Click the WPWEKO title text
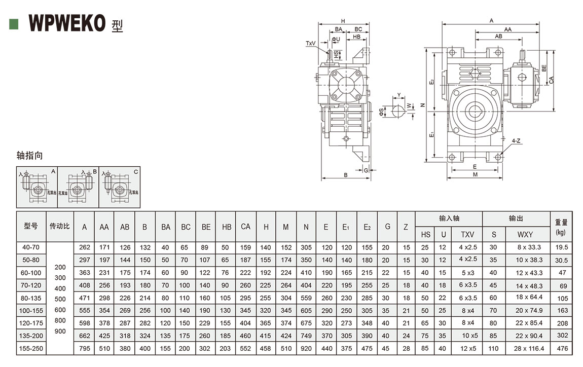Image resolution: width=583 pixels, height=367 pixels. (67, 23)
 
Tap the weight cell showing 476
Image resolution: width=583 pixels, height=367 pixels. (562, 348)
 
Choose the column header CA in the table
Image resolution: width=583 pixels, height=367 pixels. (246, 227)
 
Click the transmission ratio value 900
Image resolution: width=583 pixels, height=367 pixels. (60, 331)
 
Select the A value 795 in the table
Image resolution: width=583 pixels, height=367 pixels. (85, 348)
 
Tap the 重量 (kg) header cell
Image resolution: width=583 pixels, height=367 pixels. (561, 227)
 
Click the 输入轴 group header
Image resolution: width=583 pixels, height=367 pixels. (449, 218)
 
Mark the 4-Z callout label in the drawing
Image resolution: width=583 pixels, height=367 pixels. (516, 140)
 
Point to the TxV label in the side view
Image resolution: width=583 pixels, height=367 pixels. (311, 44)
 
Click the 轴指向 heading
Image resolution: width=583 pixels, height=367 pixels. (30, 155)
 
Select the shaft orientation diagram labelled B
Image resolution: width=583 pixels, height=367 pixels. (78, 188)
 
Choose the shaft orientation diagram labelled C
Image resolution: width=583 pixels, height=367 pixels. (120, 188)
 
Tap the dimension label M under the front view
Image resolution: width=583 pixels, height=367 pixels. (475, 174)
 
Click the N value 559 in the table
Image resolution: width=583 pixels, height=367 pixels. (306, 298)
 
